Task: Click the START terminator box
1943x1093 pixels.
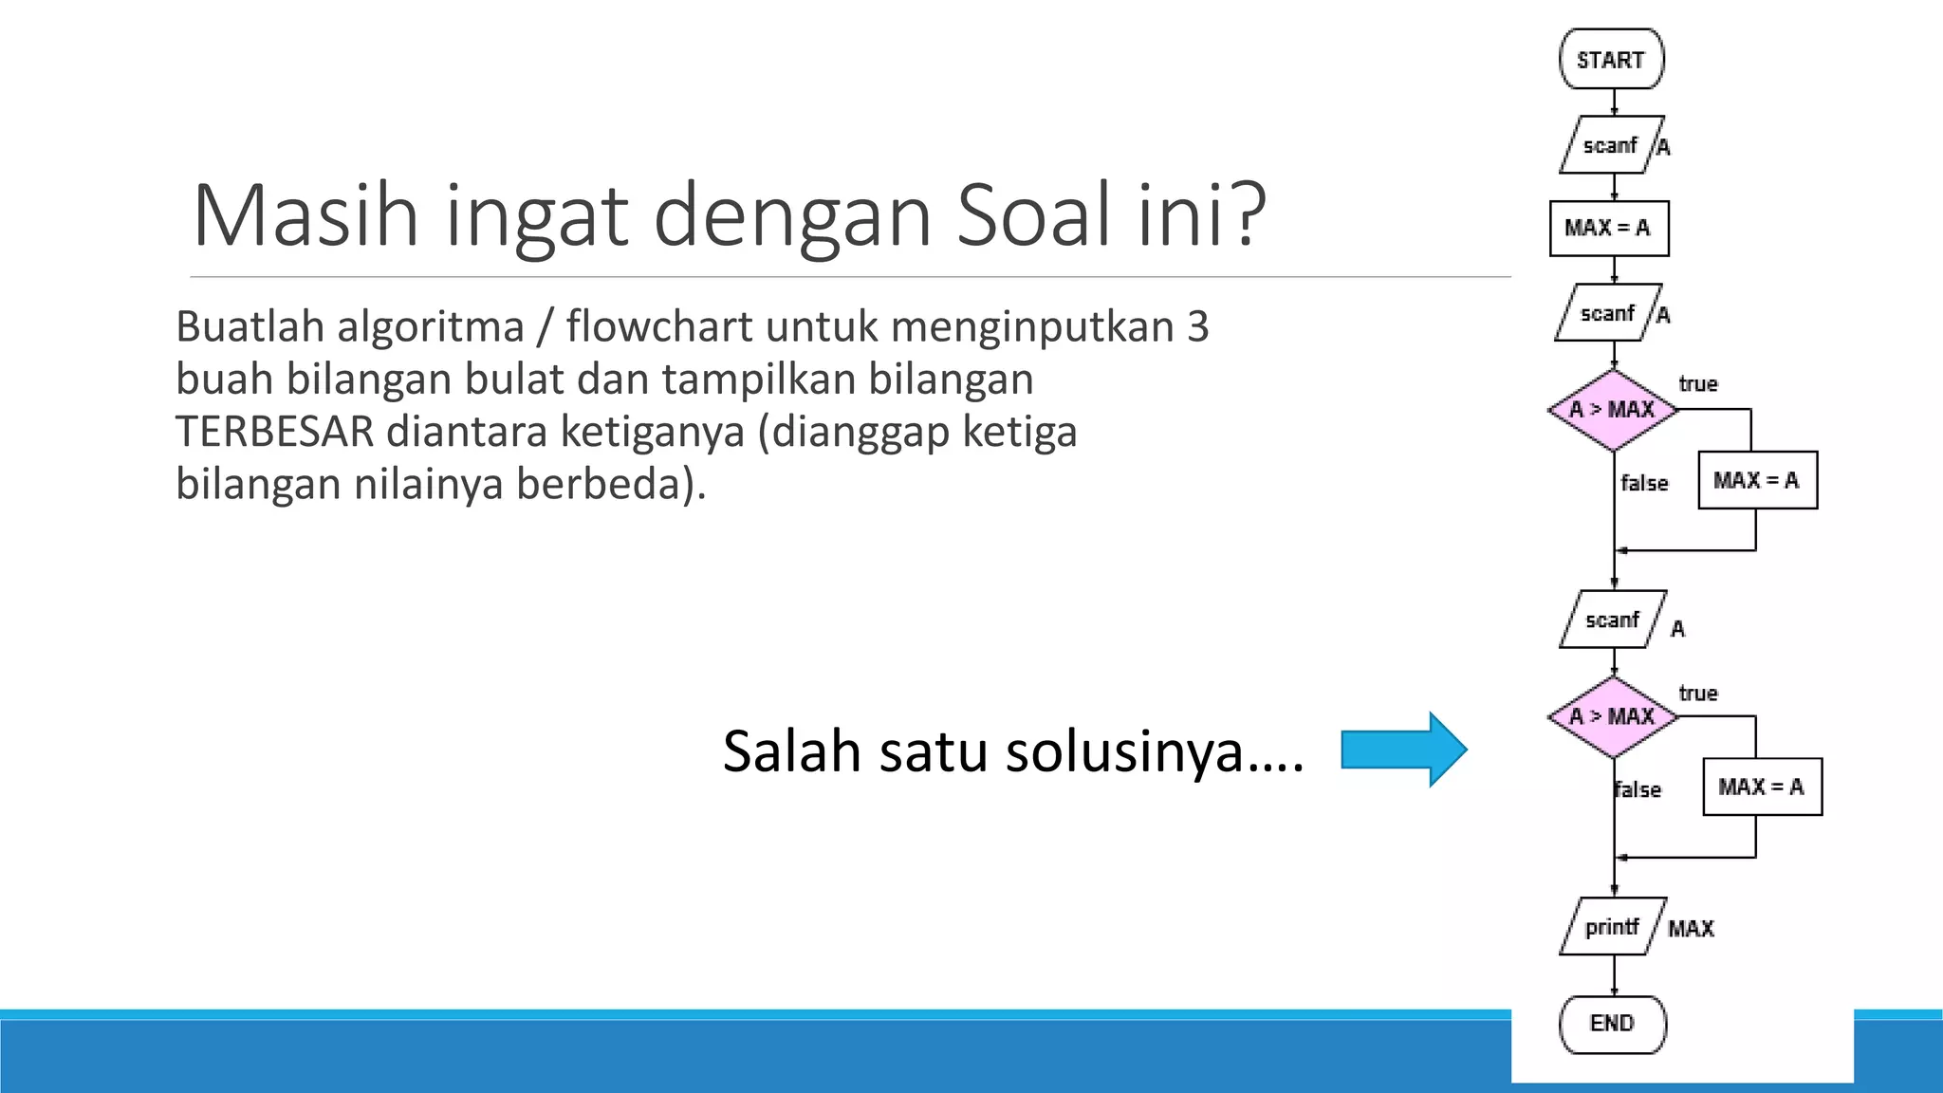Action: coord(1611,60)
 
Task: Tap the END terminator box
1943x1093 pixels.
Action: coord(1612,1024)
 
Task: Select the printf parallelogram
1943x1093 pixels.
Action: coord(1612,926)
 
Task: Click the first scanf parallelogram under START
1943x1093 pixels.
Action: coord(1610,145)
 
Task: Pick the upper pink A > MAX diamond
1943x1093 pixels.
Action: coord(1612,410)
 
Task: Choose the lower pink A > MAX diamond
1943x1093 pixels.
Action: coord(1612,716)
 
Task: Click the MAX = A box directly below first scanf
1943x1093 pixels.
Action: coord(1609,228)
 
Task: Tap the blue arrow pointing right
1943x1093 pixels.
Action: coord(1403,750)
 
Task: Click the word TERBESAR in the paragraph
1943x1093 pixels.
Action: coord(275,432)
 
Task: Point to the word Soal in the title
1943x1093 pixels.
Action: coord(1033,215)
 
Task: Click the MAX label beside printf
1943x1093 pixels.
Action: coord(1691,929)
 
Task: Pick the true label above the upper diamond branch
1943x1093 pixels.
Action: coord(1697,384)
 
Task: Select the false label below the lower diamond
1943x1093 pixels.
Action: coord(1638,790)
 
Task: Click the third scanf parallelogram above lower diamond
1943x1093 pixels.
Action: coord(1612,620)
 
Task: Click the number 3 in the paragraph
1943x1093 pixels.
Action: coord(1197,327)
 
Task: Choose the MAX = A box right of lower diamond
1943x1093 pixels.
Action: coord(1762,787)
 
